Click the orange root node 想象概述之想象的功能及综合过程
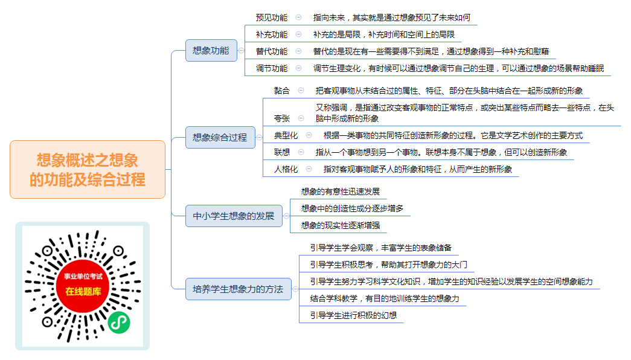[88, 170]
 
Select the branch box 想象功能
[211, 50]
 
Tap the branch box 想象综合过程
[220, 137]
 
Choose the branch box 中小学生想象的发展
[234, 216]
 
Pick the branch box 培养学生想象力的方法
[239, 289]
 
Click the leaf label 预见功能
[272, 18]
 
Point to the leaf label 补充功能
[272, 34]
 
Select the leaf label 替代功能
[272, 51]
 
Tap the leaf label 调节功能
[272, 68]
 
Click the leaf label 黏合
[282, 91]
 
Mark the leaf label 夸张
[282, 118]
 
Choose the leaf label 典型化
[286, 135]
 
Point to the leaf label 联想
[282, 152]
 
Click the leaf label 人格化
[286, 169]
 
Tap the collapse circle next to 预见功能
[299, 18]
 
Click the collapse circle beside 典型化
[309, 135]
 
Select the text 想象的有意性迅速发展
[341, 191]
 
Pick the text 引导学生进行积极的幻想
[353, 315]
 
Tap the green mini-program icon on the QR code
[119, 322]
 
